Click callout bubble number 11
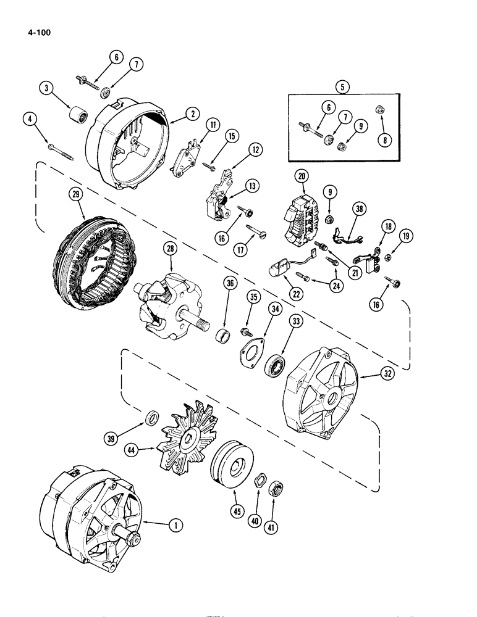[x=196, y=125]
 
